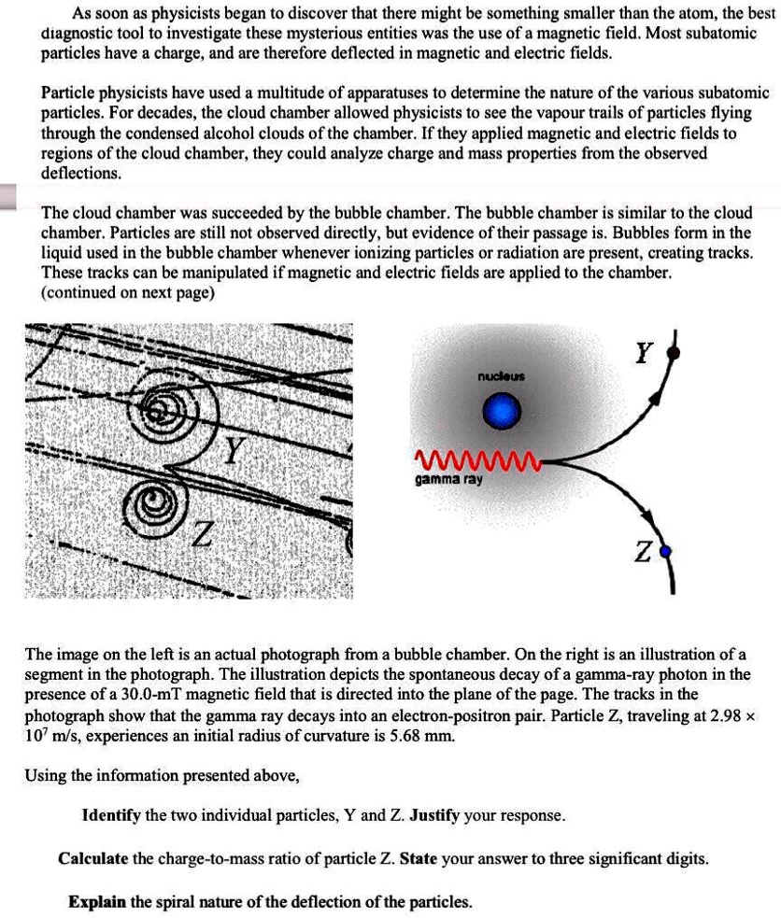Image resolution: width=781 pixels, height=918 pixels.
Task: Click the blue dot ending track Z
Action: coord(665,553)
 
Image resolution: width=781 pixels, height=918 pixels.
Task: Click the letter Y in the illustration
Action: coord(644,353)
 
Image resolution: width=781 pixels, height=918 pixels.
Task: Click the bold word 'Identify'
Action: coord(110,815)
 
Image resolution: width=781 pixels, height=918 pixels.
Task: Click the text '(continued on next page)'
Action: coord(128,292)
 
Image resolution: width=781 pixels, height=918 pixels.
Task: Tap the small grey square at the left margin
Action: coord(8,198)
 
